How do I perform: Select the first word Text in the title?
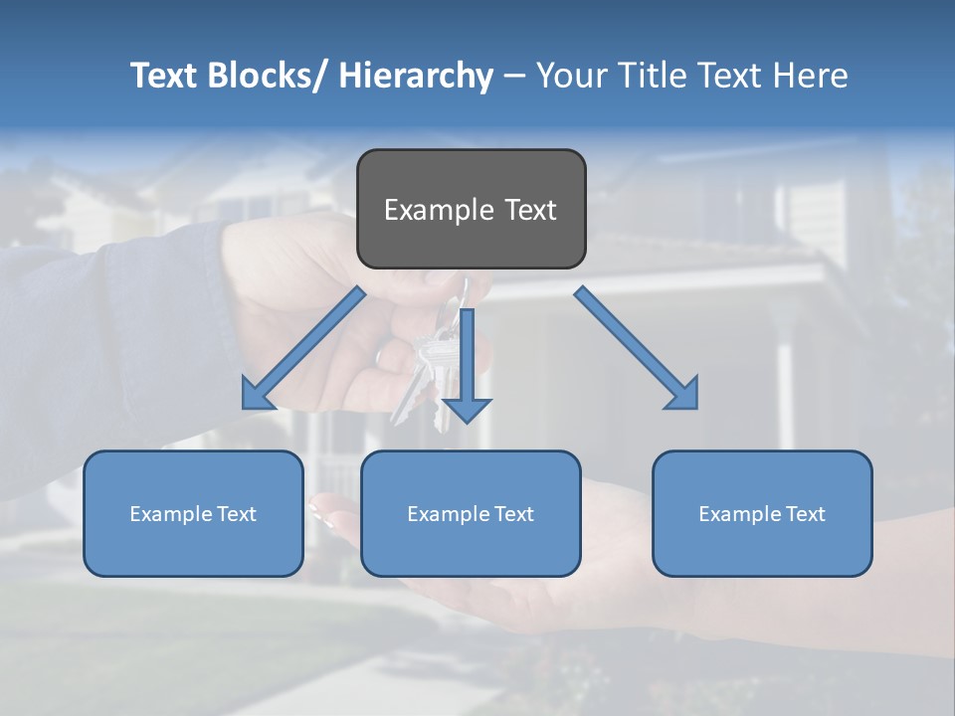click(x=165, y=76)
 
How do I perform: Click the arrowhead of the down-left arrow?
click(x=256, y=396)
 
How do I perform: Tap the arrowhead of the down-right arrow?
click(x=684, y=395)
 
